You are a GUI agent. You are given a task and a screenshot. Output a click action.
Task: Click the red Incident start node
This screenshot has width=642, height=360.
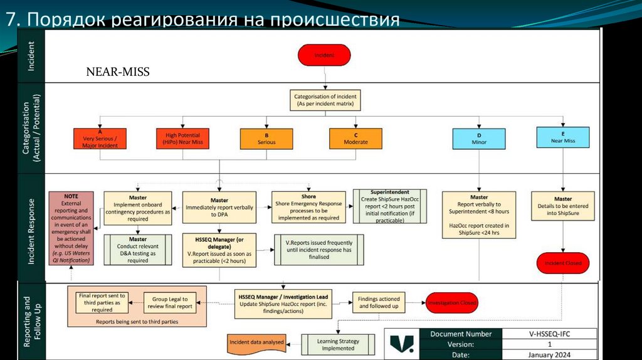tap(324, 55)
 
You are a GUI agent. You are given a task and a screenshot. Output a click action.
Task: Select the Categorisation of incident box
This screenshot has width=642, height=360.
tap(325, 100)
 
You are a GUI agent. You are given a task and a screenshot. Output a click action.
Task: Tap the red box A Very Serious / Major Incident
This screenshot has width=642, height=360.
tap(100, 139)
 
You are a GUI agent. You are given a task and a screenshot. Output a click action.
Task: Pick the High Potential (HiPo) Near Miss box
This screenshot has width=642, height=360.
tap(184, 139)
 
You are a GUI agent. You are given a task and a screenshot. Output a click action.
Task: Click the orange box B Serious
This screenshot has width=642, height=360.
tap(266, 139)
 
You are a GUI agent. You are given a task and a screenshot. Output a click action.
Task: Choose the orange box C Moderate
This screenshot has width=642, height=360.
tap(355, 139)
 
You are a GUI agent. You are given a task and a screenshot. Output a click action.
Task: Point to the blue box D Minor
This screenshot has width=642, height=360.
tap(479, 138)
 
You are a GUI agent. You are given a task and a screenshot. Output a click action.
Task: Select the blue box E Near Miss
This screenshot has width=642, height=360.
tap(563, 137)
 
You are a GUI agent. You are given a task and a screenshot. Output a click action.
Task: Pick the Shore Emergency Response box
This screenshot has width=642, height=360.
tap(308, 207)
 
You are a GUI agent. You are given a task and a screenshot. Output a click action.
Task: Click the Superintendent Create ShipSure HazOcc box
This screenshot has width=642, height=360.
tap(389, 206)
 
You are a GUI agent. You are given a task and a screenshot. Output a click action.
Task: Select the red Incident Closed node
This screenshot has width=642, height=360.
tap(562, 263)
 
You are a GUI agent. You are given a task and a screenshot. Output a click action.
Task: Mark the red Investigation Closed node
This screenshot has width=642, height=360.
tap(451, 303)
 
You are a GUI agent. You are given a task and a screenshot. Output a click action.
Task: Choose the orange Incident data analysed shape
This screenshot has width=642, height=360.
tap(255, 342)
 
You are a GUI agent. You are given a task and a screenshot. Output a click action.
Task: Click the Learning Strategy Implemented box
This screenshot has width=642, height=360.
tap(338, 344)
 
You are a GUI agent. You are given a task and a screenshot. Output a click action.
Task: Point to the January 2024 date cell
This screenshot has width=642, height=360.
tap(549, 356)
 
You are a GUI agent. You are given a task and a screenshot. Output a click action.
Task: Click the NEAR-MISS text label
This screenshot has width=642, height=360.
tap(118, 72)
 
